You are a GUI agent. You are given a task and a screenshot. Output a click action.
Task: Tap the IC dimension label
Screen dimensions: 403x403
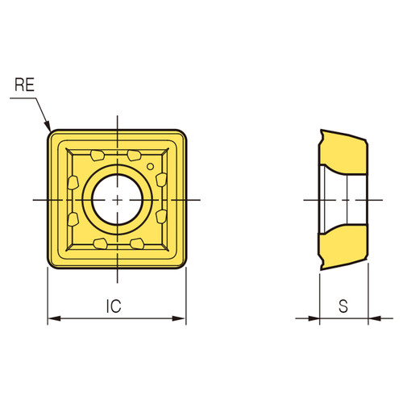(114, 306)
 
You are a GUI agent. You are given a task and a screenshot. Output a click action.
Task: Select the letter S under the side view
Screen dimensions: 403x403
(343, 306)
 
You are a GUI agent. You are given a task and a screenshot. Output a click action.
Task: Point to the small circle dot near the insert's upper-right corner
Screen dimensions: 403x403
(150, 166)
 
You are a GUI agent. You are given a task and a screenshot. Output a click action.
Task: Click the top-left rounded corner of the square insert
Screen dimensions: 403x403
(52, 131)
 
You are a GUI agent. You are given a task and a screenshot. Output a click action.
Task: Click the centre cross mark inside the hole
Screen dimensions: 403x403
(118, 198)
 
